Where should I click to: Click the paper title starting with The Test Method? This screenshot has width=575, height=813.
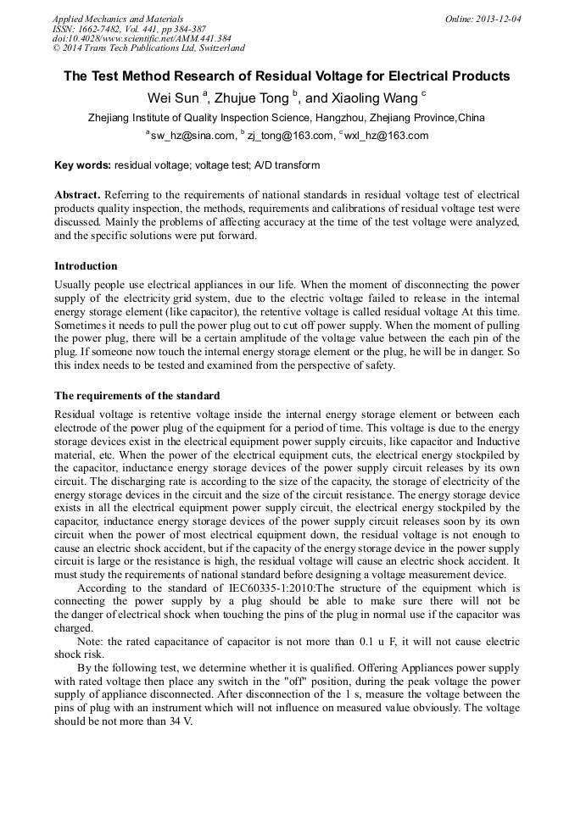click(287, 76)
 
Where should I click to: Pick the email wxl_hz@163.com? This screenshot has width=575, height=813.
click(386, 136)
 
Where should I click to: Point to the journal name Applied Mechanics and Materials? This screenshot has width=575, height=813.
click(118, 19)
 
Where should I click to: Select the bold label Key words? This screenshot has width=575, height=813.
click(82, 165)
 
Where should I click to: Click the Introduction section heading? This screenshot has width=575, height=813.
click(86, 266)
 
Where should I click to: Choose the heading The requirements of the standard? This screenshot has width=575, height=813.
click(137, 396)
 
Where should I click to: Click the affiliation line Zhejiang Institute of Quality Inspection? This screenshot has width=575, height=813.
click(287, 118)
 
